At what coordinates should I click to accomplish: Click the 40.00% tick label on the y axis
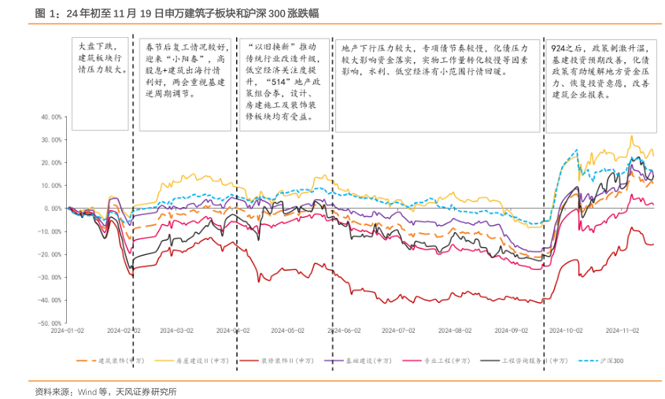tap(49, 116)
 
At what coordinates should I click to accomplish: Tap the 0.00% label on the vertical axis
tap(52, 209)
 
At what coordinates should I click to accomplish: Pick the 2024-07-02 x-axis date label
tap(401, 331)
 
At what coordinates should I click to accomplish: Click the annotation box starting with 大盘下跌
tap(100, 83)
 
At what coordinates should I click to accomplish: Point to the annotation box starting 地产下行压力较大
tap(439, 83)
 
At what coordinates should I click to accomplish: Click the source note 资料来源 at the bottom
tap(105, 391)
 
